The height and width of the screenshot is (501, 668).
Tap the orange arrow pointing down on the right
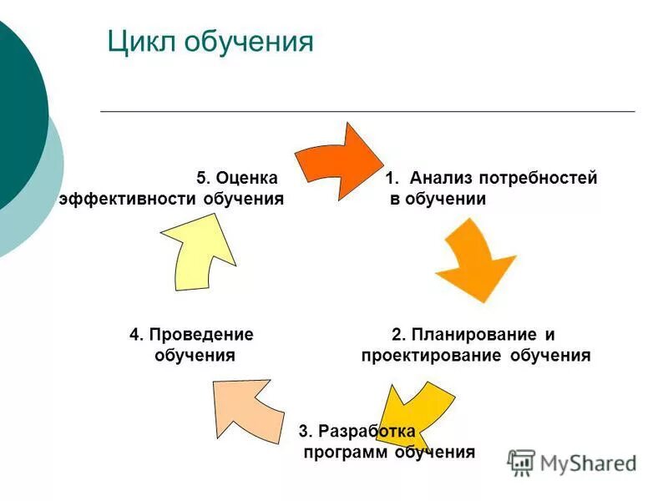tap(472, 261)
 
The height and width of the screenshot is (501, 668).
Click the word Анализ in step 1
tap(442, 178)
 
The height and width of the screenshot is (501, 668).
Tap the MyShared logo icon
tap(521, 463)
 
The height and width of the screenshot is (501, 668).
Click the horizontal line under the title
tap(367, 111)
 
